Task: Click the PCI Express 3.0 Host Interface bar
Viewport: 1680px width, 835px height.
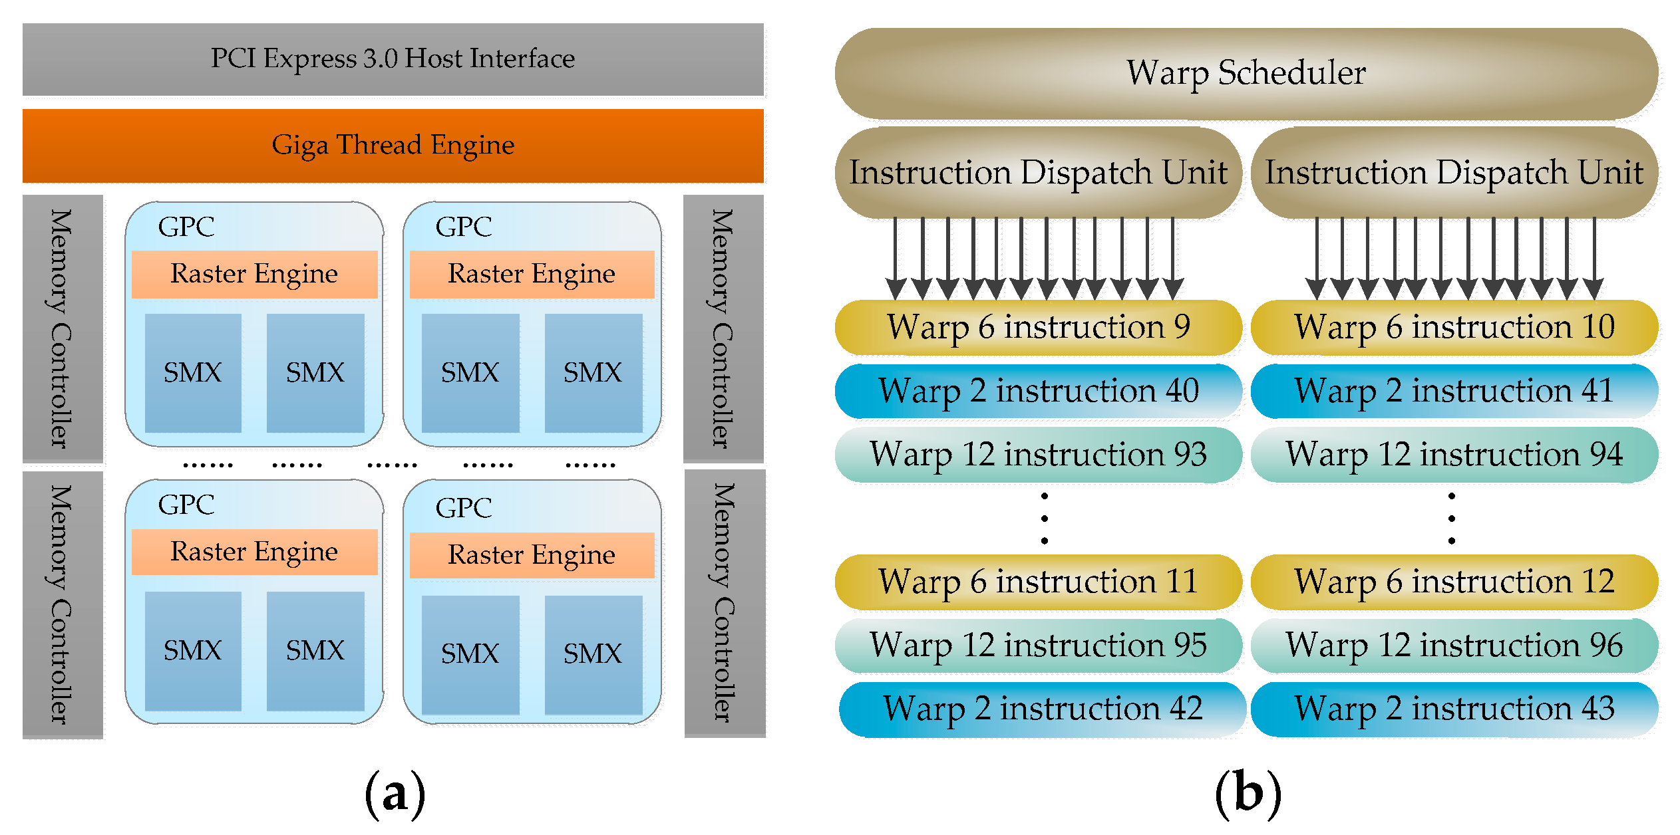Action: (x=393, y=59)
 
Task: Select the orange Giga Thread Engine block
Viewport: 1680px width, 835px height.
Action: (x=393, y=146)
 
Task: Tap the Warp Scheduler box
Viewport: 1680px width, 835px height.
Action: (x=1246, y=73)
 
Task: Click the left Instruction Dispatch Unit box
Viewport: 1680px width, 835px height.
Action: (x=1038, y=173)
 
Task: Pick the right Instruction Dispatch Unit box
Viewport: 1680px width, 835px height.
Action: (x=1454, y=173)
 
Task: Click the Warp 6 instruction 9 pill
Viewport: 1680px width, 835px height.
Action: (x=1038, y=327)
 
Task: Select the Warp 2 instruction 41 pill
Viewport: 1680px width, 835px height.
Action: (x=1454, y=391)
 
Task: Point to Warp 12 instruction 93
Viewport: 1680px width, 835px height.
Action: (x=1038, y=455)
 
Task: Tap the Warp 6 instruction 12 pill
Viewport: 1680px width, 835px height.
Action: (x=1454, y=582)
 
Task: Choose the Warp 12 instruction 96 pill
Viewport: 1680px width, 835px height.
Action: (x=1454, y=646)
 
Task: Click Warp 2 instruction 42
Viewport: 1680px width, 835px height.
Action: (x=1042, y=709)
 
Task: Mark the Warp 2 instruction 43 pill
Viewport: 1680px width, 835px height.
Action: (x=1454, y=709)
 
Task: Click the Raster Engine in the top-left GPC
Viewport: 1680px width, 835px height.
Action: (x=254, y=274)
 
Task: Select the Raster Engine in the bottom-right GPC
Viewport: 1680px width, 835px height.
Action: (x=532, y=555)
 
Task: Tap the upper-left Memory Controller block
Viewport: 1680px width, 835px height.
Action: (x=63, y=328)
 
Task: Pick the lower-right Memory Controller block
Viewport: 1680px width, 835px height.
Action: (x=725, y=603)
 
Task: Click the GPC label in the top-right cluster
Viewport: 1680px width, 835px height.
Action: (x=464, y=227)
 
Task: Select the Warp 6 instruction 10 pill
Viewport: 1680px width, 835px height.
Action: (x=1454, y=327)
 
